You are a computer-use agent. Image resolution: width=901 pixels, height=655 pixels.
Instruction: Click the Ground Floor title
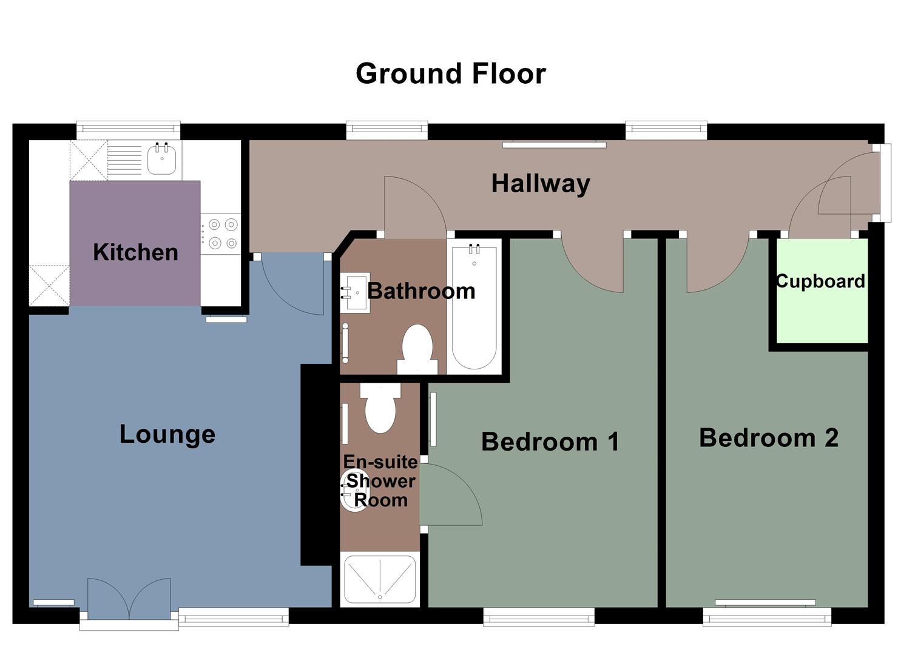pyautogui.click(x=450, y=73)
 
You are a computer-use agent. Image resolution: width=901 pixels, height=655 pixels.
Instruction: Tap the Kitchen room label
pyautogui.click(x=135, y=252)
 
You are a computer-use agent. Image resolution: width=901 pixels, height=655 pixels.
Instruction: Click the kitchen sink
pyautogui.click(x=162, y=160)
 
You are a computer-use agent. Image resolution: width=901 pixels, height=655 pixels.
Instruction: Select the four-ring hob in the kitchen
pyautogui.click(x=222, y=233)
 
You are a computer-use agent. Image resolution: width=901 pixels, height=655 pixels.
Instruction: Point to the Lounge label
pyautogui.click(x=167, y=434)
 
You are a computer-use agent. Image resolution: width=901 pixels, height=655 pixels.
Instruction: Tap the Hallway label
pyautogui.click(x=540, y=183)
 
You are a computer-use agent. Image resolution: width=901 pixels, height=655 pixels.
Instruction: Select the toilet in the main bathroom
pyautogui.click(x=417, y=349)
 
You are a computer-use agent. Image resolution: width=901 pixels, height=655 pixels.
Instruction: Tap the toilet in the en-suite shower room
pyautogui.click(x=380, y=406)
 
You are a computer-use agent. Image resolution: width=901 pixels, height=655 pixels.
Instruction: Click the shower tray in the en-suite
pyautogui.click(x=380, y=579)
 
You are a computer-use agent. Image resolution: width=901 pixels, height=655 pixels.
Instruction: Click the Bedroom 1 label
pyautogui.click(x=550, y=442)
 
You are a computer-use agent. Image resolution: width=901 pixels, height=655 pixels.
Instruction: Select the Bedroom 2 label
pyautogui.click(x=768, y=437)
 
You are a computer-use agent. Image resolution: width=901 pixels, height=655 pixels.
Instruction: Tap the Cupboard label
pyautogui.click(x=820, y=281)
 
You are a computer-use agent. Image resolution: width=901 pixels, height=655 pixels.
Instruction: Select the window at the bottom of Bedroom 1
pyautogui.click(x=539, y=616)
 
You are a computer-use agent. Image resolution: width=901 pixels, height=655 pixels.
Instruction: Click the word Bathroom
pyautogui.click(x=421, y=291)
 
